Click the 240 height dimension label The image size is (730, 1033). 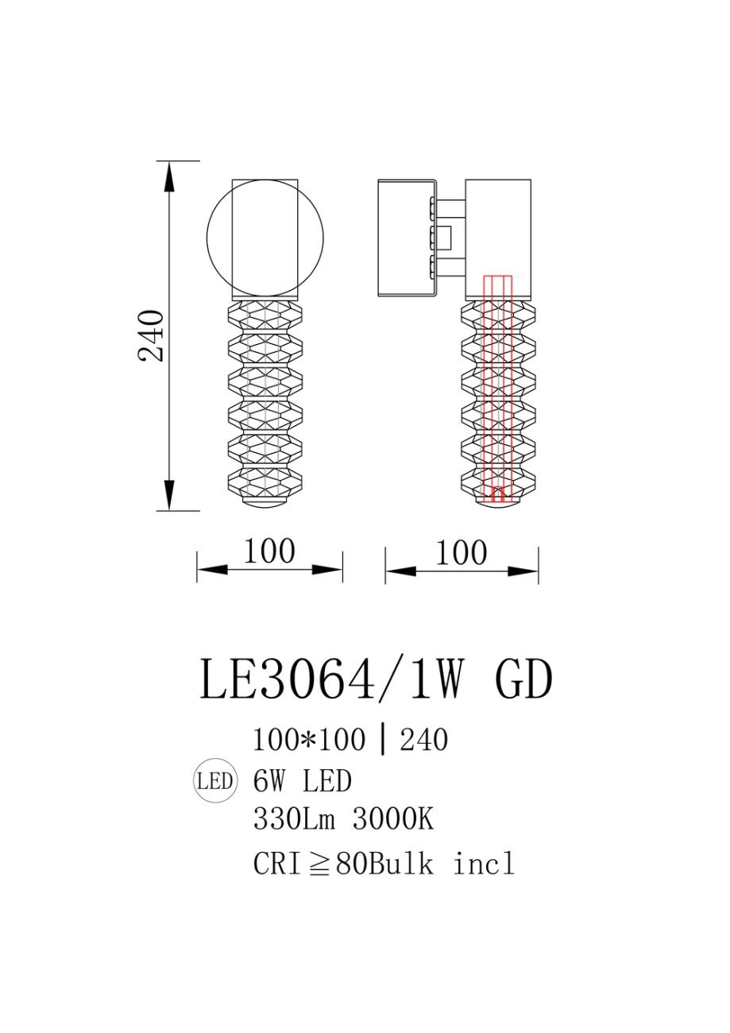[151, 335]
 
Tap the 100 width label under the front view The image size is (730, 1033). [269, 551]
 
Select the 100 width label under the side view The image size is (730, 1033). [461, 552]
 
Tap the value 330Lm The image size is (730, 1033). [294, 819]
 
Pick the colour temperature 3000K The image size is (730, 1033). [393, 819]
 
